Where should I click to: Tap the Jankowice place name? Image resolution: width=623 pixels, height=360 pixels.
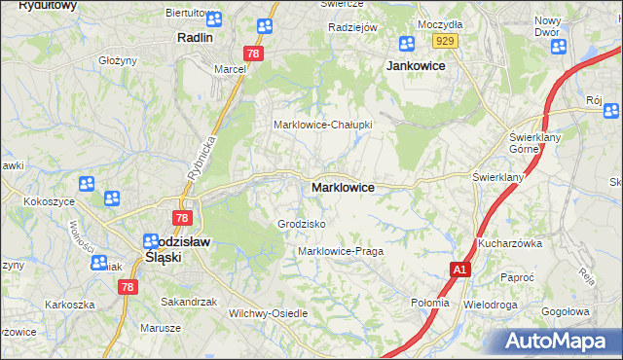pos(416,65)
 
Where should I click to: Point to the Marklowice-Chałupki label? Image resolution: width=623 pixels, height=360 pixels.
pos(323,125)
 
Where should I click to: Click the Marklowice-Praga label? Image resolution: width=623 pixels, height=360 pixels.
pos(341,251)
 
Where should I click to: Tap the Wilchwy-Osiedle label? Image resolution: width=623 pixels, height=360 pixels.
pos(268,313)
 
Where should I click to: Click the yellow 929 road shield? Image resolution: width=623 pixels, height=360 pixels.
pos(446,40)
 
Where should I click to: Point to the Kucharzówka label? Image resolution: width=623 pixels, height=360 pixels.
pos(509,242)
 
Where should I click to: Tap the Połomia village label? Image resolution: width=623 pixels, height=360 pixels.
pos(430,303)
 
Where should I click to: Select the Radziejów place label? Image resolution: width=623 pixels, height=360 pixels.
pos(352,27)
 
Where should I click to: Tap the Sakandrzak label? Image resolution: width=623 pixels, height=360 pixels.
pos(189,302)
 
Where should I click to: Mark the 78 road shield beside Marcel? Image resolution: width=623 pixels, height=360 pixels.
pos(253,54)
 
